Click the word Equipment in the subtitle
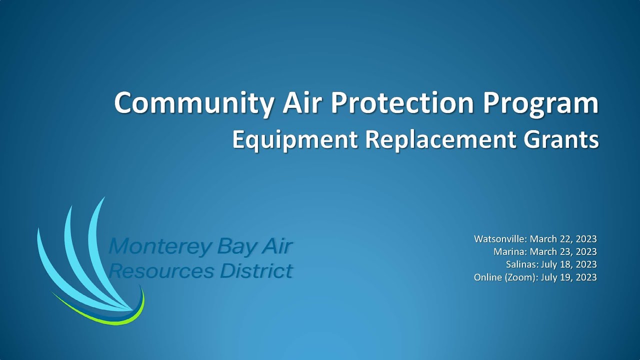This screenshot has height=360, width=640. [x=294, y=140]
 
